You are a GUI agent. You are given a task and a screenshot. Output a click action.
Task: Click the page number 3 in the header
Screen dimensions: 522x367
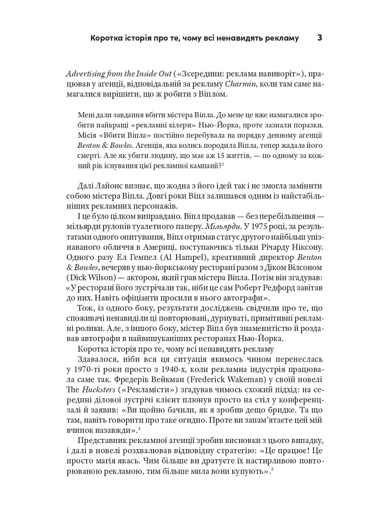[319, 38]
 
